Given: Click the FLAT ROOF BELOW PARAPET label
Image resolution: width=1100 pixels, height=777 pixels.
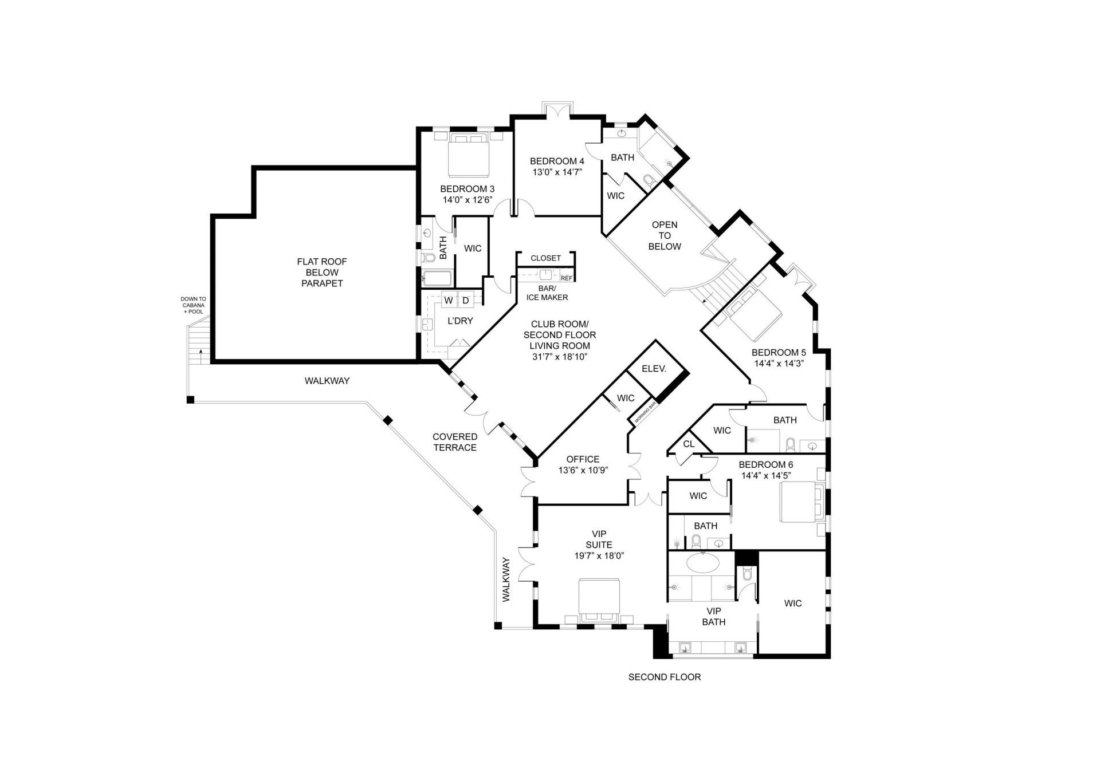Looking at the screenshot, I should click(x=321, y=273).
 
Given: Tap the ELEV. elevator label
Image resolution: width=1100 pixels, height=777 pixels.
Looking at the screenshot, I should click(x=654, y=369).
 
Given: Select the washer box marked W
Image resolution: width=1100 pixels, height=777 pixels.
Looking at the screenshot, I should click(x=449, y=300).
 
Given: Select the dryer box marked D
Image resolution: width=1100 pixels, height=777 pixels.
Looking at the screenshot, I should click(x=465, y=300).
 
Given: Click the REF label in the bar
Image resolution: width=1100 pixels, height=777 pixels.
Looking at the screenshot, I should click(x=566, y=278).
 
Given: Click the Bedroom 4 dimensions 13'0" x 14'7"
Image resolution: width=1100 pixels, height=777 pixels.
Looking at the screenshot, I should click(x=557, y=172).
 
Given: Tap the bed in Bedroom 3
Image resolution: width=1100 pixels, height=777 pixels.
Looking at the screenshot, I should click(x=469, y=155).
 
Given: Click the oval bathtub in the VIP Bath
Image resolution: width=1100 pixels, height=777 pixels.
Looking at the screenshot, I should click(x=702, y=563).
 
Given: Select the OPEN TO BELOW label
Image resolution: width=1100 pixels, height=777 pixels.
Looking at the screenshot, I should click(x=665, y=235).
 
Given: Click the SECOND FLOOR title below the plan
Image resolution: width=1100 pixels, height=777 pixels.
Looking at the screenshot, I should click(x=664, y=677).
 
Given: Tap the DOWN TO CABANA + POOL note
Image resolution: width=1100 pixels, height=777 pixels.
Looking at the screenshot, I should click(x=193, y=305).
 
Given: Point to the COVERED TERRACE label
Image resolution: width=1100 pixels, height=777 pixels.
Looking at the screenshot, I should click(x=455, y=442).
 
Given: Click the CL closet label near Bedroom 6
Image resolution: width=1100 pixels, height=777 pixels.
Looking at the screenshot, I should click(x=689, y=444).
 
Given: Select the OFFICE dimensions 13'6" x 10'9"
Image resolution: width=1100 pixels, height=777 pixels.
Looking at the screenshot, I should click(x=583, y=470).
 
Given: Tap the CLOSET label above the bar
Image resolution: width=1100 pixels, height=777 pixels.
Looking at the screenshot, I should click(x=545, y=258).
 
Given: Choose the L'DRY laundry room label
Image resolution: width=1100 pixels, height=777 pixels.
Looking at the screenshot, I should click(x=460, y=321).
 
